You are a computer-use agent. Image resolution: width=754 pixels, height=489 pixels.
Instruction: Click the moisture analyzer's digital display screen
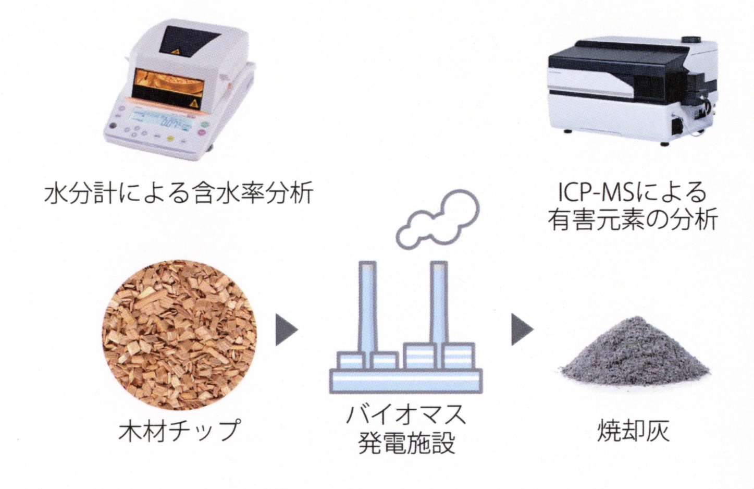click(x=161, y=120)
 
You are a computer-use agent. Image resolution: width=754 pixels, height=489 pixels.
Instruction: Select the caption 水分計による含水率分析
click(x=179, y=193)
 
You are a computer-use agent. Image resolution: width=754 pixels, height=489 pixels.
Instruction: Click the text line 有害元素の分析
click(x=633, y=219)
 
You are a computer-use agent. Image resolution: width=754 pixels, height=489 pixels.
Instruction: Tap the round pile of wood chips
click(x=179, y=335)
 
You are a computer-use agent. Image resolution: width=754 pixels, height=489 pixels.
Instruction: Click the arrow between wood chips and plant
click(x=286, y=329)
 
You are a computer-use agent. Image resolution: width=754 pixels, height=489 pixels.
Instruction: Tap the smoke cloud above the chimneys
click(x=438, y=219)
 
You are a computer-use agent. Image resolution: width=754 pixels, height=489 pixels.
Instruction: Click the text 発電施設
click(x=406, y=443)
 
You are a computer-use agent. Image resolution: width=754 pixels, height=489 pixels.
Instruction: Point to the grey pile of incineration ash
click(x=635, y=353)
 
